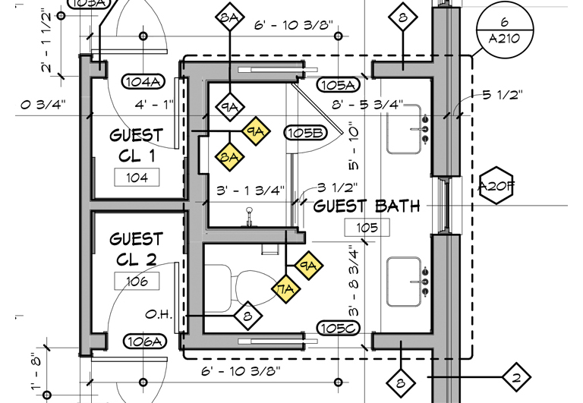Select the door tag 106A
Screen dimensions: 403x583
pos(143,342)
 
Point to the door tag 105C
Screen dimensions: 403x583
pos(338,328)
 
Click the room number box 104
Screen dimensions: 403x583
pos(137,178)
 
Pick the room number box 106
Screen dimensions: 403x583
pos(137,282)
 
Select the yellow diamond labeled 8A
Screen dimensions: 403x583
pos(230,157)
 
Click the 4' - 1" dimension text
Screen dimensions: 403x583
pos(155,103)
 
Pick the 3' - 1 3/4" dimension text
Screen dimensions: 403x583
pos(250,190)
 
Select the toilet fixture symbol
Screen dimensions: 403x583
pos(229,287)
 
